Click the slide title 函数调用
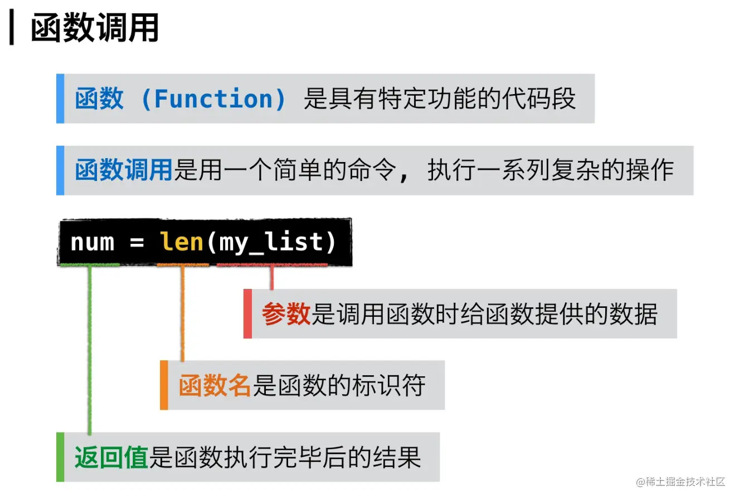pos(95,28)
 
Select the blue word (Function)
pos(213,99)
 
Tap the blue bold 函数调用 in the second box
pos(124,170)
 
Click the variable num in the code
pos(92,242)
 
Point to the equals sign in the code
pos(137,243)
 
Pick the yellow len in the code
pos(182,242)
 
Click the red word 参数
pos(286,314)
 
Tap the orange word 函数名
pos(215,385)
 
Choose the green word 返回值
pos(111,458)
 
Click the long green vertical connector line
pos(89,351)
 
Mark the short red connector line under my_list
pos(271,277)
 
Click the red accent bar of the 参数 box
pos(247,313)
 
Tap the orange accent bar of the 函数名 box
pos(164,385)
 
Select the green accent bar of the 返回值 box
pos(60,457)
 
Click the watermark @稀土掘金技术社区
pos(680,482)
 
